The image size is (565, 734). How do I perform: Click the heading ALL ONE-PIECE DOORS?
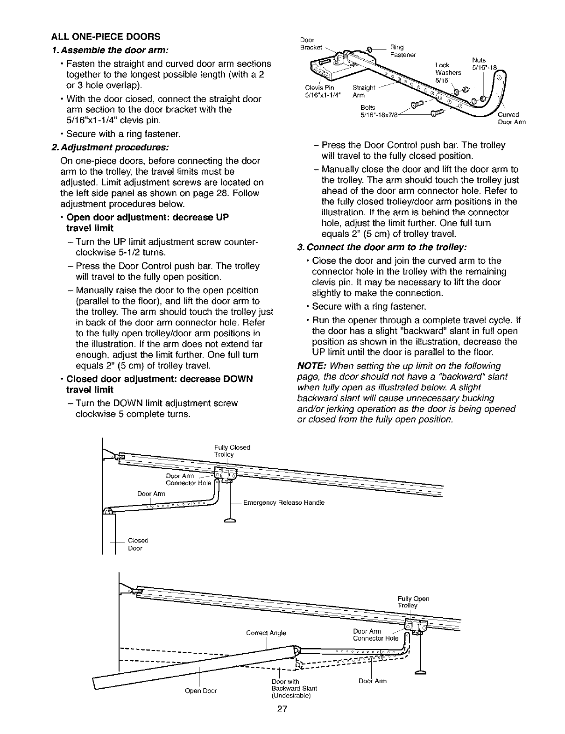[x=106, y=36]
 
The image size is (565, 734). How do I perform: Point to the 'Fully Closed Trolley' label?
[x=232, y=451]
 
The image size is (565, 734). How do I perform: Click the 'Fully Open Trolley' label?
[x=413, y=602]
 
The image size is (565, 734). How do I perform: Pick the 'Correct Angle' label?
[x=266, y=633]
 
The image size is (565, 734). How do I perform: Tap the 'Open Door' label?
[x=201, y=691]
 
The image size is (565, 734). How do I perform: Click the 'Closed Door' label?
[x=138, y=544]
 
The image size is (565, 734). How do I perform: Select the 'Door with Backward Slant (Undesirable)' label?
[x=294, y=688]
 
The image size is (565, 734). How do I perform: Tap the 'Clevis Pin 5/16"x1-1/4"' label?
[x=320, y=91]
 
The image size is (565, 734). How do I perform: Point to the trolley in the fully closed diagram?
[x=226, y=475]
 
